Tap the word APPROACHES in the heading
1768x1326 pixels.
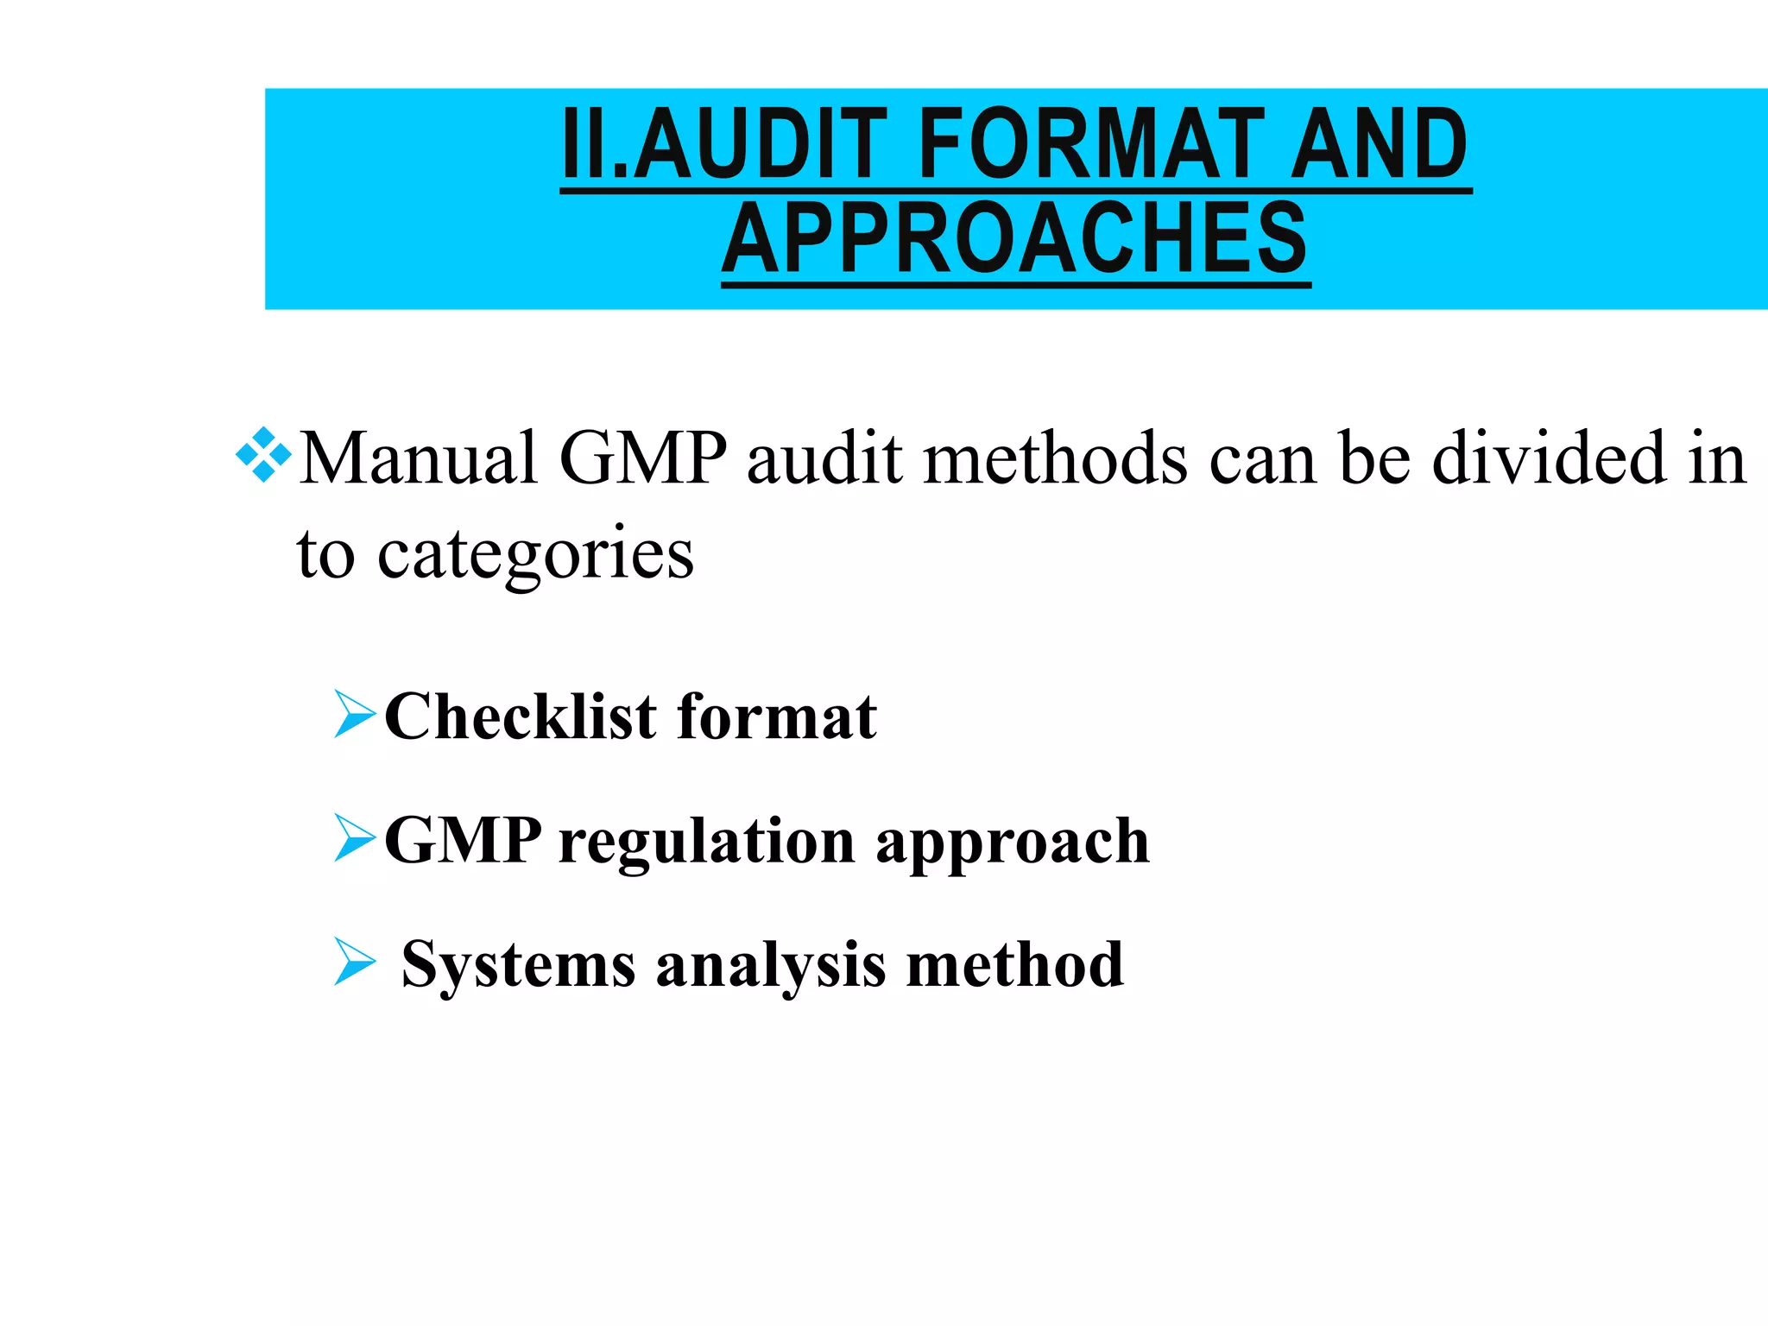pyautogui.click(x=1015, y=237)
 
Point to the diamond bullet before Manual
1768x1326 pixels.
pyautogui.click(x=263, y=454)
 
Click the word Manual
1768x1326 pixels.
pyautogui.click(x=419, y=458)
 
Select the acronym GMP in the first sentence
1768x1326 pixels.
pyautogui.click(x=643, y=458)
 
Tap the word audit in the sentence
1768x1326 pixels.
pyautogui.click(x=825, y=458)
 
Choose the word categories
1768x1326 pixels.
pyautogui.click(x=535, y=555)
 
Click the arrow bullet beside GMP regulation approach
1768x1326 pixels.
pyautogui.click(x=354, y=838)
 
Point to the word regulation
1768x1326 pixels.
pyautogui.click(x=707, y=842)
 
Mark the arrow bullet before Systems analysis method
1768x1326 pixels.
pyautogui.click(x=354, y=962)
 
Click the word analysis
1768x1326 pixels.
pyautogui.click(x=771, y=965)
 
